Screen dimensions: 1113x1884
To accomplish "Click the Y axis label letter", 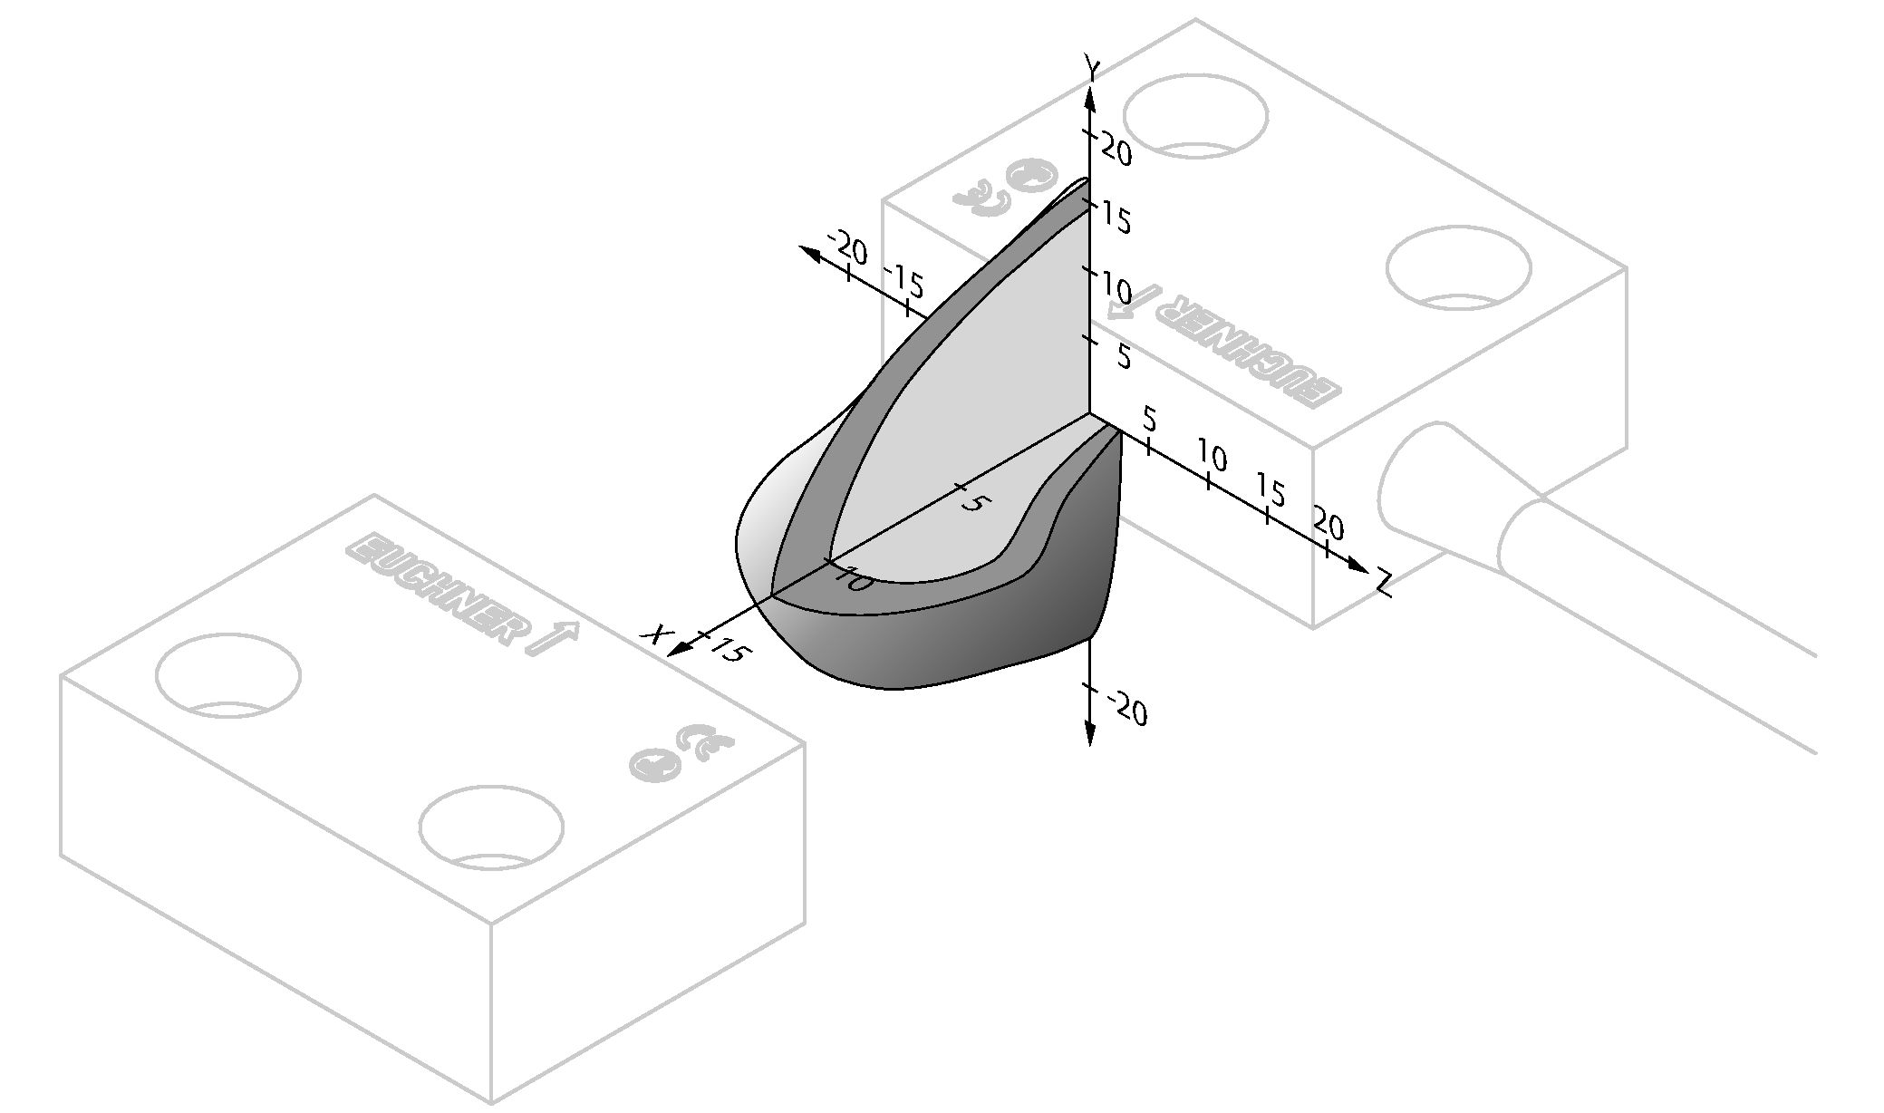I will tap(1093, 67).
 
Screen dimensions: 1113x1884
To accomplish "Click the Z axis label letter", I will tap(1383, 583).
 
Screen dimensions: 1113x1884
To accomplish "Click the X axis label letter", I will tap(652, 633).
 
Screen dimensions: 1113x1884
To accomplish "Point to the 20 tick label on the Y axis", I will tap(1116, 150).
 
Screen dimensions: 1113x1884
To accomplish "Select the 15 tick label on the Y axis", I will tap(1116, 218).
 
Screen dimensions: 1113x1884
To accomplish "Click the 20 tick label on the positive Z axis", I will tap(1328, 525).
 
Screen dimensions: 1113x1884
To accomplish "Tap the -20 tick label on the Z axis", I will tap(847, 245).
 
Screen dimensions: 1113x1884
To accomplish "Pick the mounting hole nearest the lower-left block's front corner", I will tap(490, 827).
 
